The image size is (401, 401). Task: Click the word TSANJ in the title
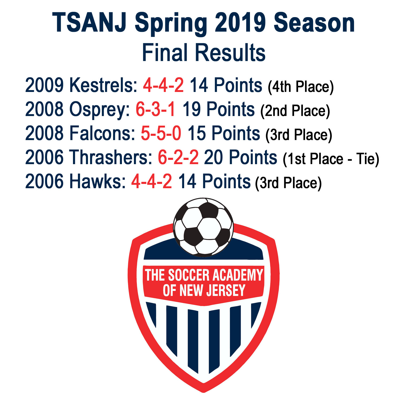tap(89, 23)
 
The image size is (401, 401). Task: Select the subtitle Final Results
tap(203, 52)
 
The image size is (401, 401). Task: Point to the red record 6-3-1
tap(156, 109)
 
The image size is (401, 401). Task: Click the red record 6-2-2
tap(178, 157)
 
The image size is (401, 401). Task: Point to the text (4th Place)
tap(301, 87)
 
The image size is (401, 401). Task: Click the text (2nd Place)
tap(295, 111)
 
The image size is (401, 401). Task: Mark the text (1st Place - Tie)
tap(331, 159)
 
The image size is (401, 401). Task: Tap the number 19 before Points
tap(192, 109)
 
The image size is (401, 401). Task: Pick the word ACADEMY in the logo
tap(238, 275)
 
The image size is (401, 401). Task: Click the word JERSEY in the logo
tap(226, 290)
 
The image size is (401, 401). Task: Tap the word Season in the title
tap(314, 23)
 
